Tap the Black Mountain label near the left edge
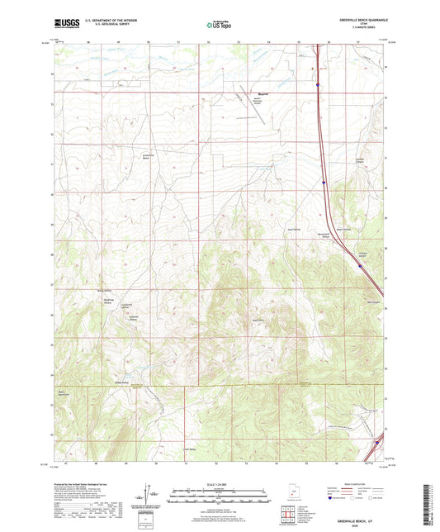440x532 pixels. pos(64,393)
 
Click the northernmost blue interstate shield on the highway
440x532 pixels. pos(318,83)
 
